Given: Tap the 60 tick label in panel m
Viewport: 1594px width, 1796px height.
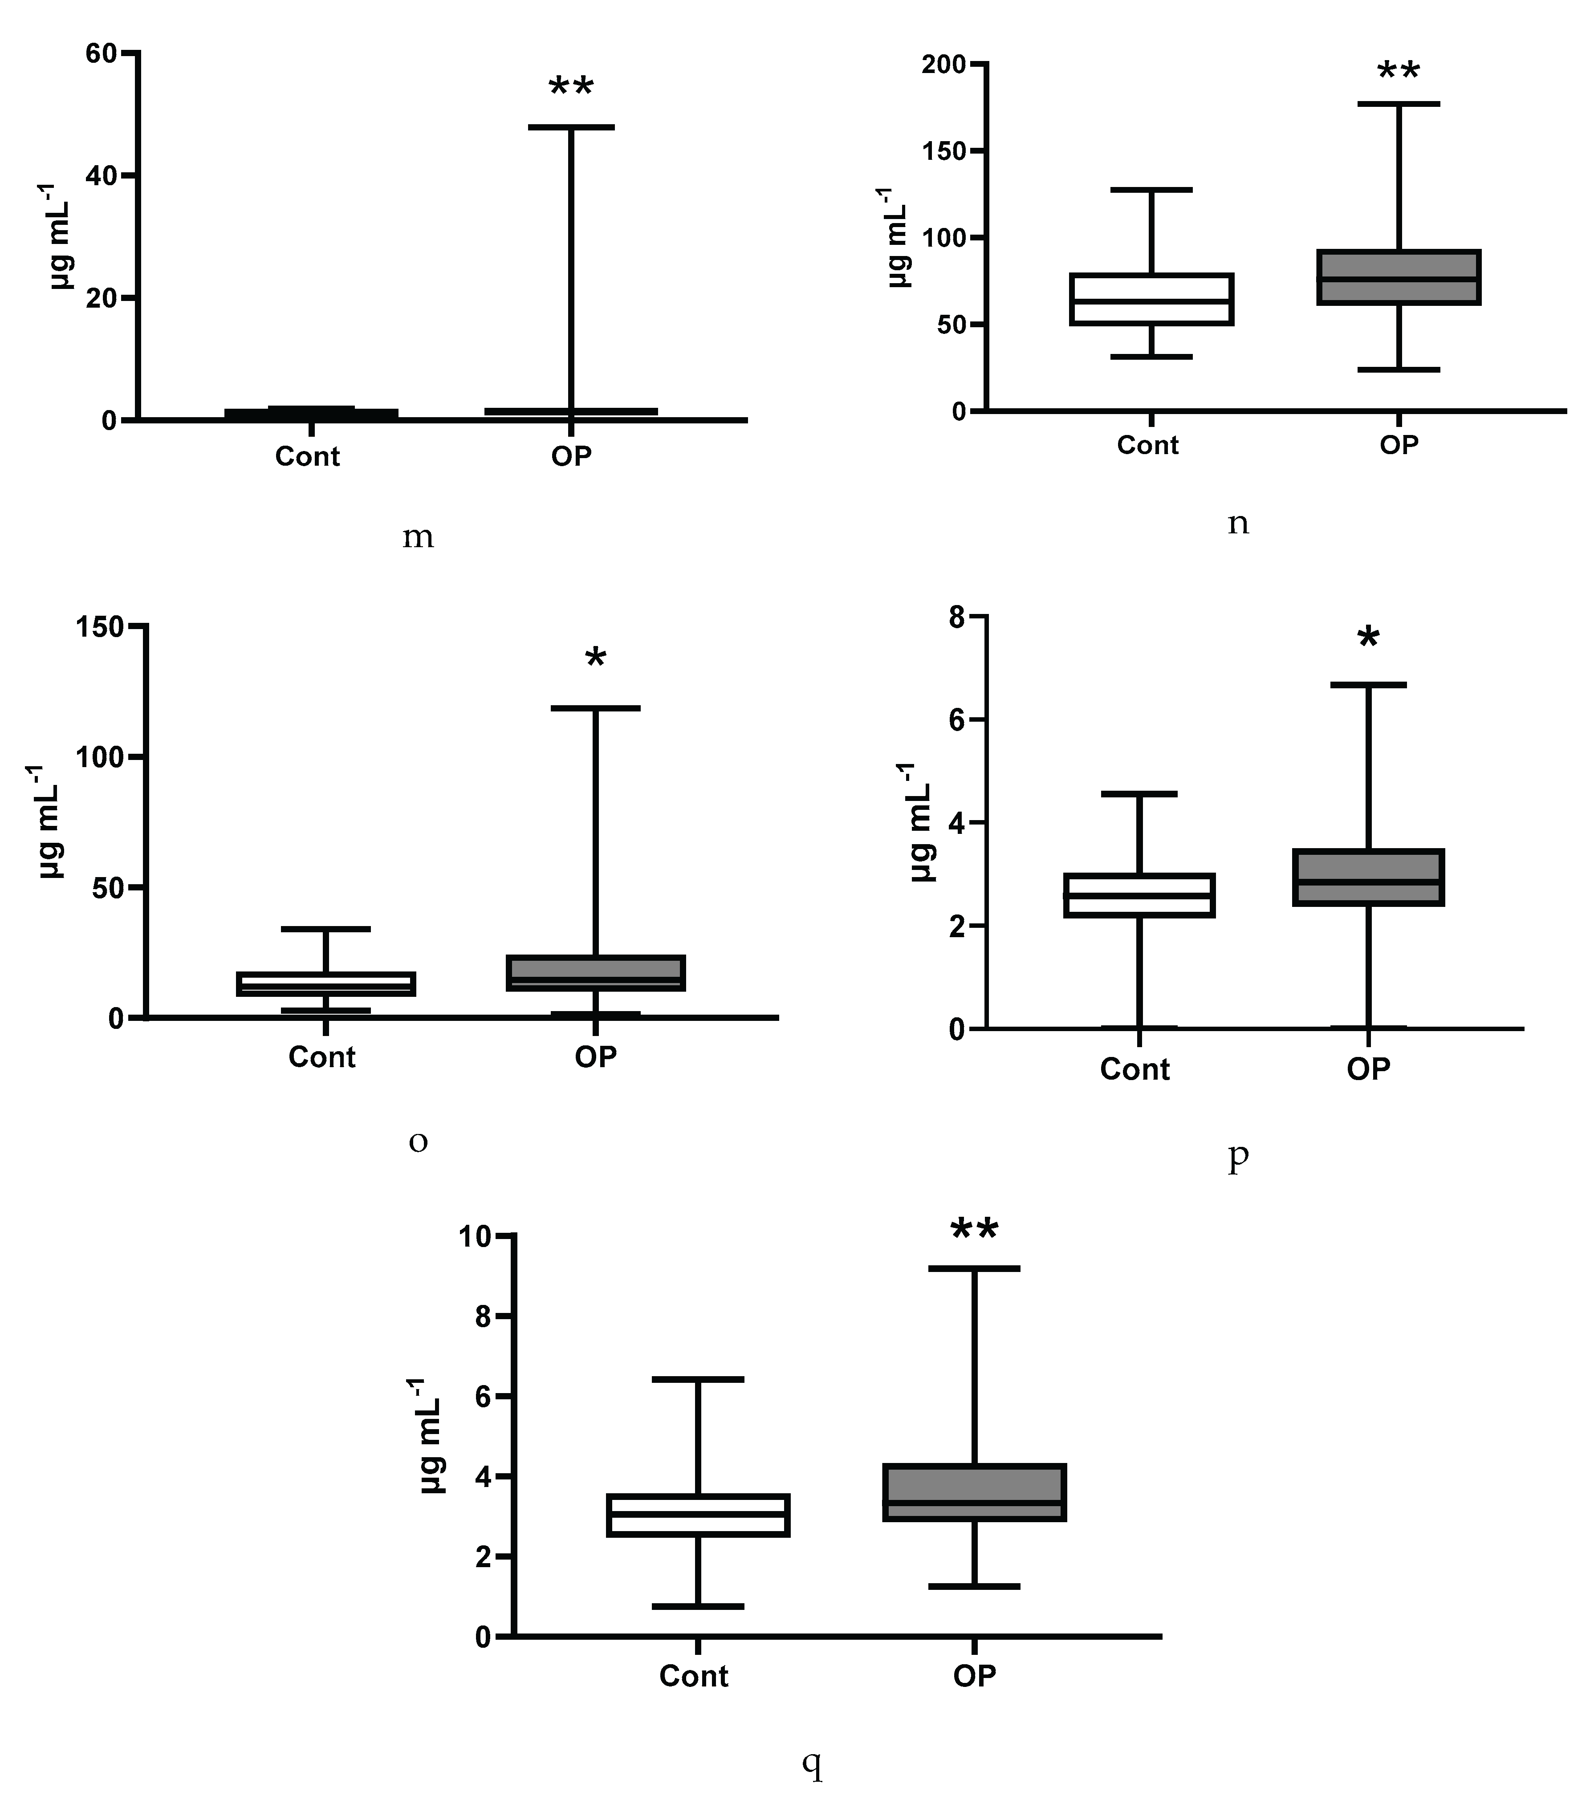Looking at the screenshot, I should point(101,53).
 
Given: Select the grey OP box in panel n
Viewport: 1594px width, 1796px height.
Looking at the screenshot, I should point(1398,278).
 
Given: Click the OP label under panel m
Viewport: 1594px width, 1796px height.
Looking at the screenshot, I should point(571,456).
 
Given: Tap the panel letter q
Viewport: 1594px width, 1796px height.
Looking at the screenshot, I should point(813,1762).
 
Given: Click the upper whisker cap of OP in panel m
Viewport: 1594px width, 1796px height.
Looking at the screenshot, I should point(571,127).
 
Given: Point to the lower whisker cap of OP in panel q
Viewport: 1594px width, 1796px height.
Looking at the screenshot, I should point(975,1586).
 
